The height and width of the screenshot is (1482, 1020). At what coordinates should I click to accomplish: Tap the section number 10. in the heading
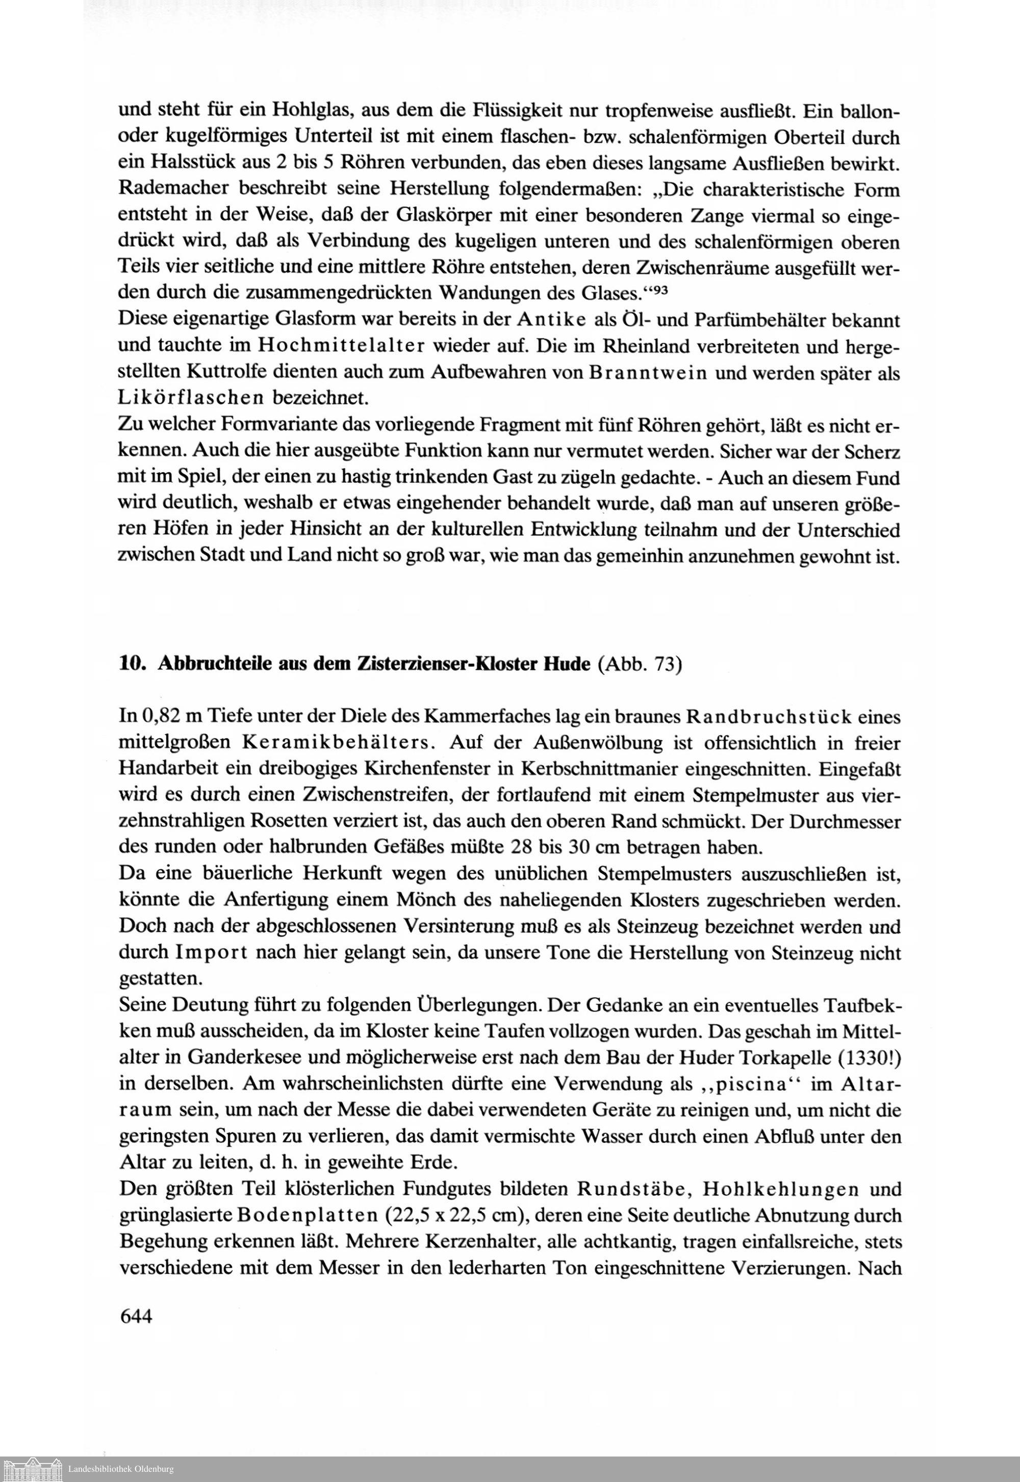click(134, 664)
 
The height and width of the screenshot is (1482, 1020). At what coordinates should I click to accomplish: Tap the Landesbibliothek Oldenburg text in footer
click(121, 1469)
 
